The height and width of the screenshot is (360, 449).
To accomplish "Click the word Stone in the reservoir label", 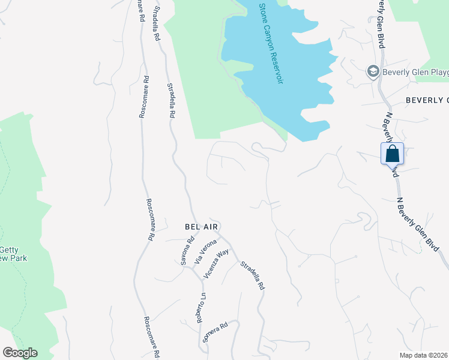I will (262, 13).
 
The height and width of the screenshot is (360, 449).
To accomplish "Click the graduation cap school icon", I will (373, 72).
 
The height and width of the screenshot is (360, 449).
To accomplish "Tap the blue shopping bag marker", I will (392, 154).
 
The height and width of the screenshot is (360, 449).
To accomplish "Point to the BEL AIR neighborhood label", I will (202, 227).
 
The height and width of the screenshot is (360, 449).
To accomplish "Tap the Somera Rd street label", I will (216, 334).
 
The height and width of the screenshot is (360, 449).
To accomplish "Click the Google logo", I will (19, 353).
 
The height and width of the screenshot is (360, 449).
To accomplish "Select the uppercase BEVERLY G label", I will (427, 100).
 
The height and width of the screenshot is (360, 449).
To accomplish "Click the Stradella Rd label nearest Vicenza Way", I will (253, 275).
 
